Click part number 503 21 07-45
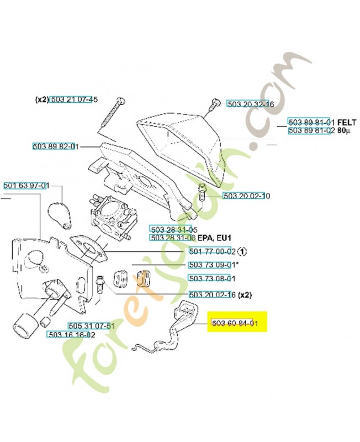tap(74, 100)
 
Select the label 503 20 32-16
tap(250, 104)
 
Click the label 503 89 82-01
tap(56, 147)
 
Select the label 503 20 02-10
tap(246, 196)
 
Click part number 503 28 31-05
tap(173, 229)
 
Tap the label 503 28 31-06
tap(173, 238)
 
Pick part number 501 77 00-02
tap(212, 251)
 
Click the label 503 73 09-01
tap(212, 265)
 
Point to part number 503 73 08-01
tap(212, 278)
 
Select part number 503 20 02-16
tap(212, 294)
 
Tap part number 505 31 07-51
tap(91, 325)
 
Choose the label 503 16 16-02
tap(72, 334)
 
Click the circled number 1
tap(243, 251)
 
